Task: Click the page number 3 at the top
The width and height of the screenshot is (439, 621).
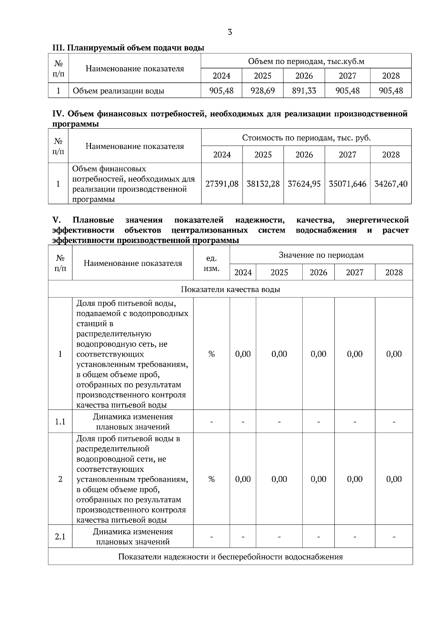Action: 230,32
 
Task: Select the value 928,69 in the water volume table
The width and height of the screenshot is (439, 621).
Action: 263,91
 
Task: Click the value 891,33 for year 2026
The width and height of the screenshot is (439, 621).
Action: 304,91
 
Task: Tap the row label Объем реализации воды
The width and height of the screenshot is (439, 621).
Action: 119,91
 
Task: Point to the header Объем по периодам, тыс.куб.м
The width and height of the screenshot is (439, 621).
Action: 306,61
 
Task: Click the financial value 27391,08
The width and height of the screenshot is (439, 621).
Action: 222,184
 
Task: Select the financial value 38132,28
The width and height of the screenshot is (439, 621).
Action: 263,184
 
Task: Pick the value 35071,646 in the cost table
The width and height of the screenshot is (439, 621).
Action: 348,184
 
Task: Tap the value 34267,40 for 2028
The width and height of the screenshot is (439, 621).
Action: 391,184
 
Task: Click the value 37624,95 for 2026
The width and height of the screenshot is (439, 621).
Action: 304,184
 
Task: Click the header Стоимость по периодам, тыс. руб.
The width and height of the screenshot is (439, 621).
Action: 306,138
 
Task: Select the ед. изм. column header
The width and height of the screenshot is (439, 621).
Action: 211,263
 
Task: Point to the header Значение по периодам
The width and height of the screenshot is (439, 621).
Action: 321,255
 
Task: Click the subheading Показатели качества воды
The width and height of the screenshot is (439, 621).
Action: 230,289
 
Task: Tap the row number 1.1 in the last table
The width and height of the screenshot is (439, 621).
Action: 60,422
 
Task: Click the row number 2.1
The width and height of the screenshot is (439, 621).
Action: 60,537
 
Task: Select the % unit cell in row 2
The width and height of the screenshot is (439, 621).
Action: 211,479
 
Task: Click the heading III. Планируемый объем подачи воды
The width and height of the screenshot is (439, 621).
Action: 128,48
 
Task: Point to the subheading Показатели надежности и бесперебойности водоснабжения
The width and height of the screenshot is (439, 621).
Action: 230,557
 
